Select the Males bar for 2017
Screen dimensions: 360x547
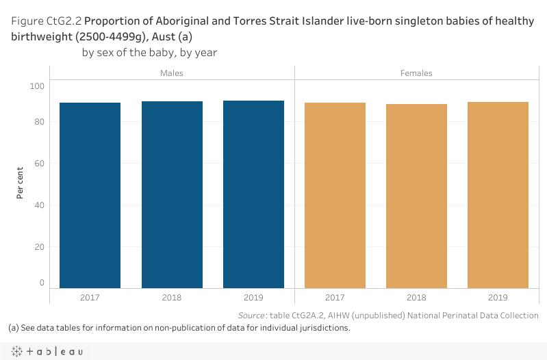pyautogui.click(x=90, y=195)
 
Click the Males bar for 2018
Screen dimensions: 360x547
pyautogui.click(x=172, y=194)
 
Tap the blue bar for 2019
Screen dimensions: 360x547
pyautogui.click(x=253, y=194)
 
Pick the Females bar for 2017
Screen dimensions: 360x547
pyautogui.click(x=335, y=195)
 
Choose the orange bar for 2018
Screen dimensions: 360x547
pyautogui.click(x=416, y=196)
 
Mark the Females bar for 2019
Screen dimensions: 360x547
pyautogui.click(x=498, y=195)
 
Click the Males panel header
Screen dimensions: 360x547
pyautogui.click(x=172, y=73)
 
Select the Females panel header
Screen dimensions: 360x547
pyautogui.click(x=416, y=73)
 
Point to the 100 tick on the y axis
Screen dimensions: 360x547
pyautogui.click(x=37, y=86)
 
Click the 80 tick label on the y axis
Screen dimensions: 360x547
pyautogui.click(x=39, y=122)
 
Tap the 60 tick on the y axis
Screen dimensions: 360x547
pyautogui.click(x=39, y=164)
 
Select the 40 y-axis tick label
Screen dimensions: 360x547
pyautogui.click(x=39, y=205)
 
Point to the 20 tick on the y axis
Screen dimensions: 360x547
pyautogui.click(x=39, y=247)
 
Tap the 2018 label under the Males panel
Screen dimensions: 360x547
pyautogui.click(x=172, y=298)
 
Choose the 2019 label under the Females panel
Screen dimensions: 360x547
pyautogui.click(x=498, y=298)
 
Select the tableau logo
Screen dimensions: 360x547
pyautogui.click(x=47, y=351)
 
